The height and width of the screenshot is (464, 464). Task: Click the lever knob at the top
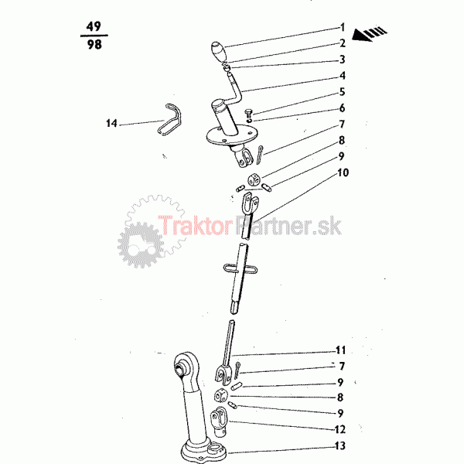coord(219,51)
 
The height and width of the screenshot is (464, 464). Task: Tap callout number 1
coord(343,27)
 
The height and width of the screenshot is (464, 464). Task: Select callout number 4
coord(342,76)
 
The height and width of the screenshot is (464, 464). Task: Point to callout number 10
coord(343,172)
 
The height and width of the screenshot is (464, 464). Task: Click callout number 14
coord(111,123)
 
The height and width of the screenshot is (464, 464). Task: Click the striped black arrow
coord(370,34)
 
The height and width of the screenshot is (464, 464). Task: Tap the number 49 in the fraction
coord(94,26)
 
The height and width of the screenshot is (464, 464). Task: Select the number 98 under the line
coord(94,45)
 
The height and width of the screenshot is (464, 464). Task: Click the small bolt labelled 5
coord(248,114)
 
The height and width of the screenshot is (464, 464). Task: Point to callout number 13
coord(340,445)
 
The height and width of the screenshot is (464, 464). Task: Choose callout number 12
coord(339,429)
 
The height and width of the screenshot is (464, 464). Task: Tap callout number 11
coord(340,350)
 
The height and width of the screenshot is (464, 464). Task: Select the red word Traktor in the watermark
coord(194,226)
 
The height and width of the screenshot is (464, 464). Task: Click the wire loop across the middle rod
coord(241,269)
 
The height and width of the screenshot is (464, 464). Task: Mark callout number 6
coord(342,108)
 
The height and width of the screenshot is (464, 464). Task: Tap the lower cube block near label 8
coord(220,396)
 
